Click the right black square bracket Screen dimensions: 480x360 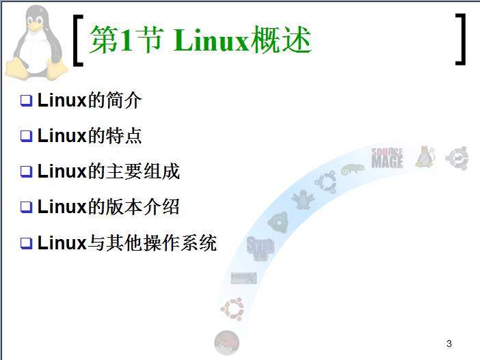[x=460, y=39]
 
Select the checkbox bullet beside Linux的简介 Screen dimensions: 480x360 [x=27, y=100]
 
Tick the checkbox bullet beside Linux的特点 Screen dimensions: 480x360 [x=27, y=136]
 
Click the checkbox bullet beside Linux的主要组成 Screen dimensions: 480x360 [x=27, y=171]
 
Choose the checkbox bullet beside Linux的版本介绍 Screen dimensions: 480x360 [x=27, y=207]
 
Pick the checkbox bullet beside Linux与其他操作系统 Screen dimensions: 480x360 [x=27, y=243]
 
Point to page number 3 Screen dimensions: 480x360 [x=449, y=344]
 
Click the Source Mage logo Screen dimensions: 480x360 [x=387, y=158]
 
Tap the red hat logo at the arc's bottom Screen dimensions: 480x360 [x=226, y=342]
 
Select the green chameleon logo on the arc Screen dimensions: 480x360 [x=353, y=169]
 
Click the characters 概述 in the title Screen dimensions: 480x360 [x=281, y=40]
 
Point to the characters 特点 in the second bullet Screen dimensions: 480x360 [x=124, y=135]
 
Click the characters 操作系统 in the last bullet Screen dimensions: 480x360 [x=180, y=243]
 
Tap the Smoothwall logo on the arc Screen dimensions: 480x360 [x=261, y=249]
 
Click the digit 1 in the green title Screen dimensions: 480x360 [x=126, y=39]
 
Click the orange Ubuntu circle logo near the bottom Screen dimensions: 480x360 [x=232, y=309]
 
